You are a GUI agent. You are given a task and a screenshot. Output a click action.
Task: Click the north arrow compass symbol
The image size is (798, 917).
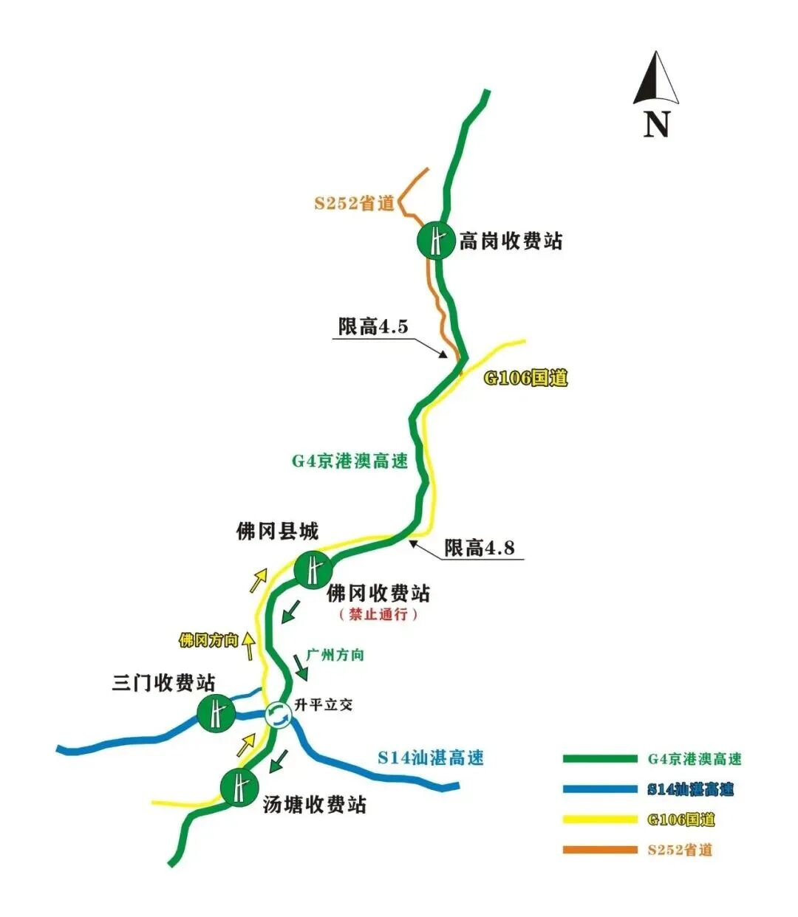pyautogui.click(x=655, y=80)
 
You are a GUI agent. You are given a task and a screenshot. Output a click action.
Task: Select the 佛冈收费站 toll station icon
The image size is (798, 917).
pyautogui.click(x=313, y=570)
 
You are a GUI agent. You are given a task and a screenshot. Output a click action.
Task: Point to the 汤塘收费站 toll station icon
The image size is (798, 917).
pyautogui.click(x=239, y=787)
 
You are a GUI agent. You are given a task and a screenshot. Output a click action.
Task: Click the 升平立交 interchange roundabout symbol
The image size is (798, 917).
pyautogui.click(x=278, y=714)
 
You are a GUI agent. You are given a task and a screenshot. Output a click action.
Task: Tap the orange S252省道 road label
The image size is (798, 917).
pyautogui.click(x=355, y=203)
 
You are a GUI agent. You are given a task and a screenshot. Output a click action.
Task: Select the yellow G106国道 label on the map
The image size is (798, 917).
pyautogui.click(x=525, y=378)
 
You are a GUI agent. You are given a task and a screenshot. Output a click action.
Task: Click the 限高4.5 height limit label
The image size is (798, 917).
pyautogui.click(x=372, y=326)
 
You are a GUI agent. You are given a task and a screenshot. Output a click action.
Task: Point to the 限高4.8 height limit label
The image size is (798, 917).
pyautogui.click(x=480, y=547)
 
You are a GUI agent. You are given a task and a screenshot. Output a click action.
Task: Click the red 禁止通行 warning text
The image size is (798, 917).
pyautogui.click(x=378, y=614)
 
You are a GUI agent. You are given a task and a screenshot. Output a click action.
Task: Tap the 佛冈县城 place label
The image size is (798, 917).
pyautogui.click(x=277, y=530)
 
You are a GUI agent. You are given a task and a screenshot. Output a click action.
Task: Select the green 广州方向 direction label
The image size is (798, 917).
pyautogui.click(x=335, y=655)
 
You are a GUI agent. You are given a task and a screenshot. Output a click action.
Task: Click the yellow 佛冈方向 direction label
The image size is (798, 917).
pyautogui.click(x=209, y=639)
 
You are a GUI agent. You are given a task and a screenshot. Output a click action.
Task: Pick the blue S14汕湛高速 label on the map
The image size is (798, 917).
pyautogui.click(x=431, y=758)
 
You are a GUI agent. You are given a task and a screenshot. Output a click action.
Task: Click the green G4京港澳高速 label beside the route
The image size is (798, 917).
pyautogui.click(x=349, y=461)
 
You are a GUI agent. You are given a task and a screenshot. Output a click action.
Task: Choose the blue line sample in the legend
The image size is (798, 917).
pyautogui.click(x=599, y=789)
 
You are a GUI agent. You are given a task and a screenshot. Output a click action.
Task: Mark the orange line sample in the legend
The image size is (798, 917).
pyautogui.click(x=599, y=850)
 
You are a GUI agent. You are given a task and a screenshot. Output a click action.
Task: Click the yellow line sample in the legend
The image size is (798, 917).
pyautogui.click(x=599, y=820)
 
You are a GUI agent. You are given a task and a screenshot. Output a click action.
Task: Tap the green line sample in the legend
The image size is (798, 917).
pyautogui.click(x=599, y=759)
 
